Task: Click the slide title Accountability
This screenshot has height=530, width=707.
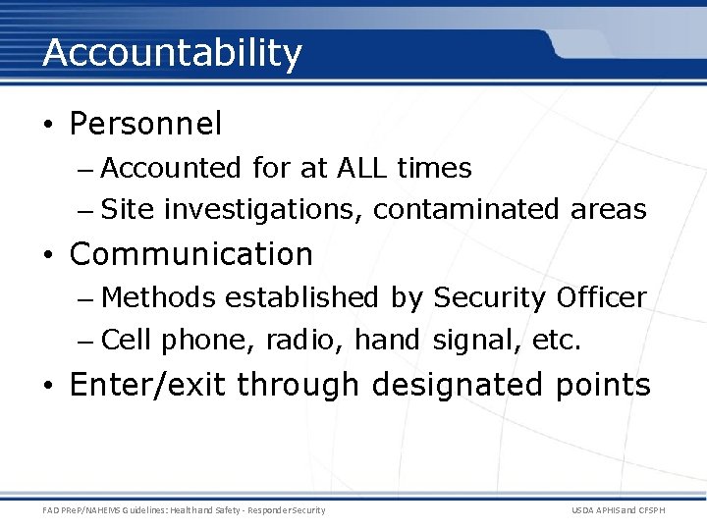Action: pos(172,53)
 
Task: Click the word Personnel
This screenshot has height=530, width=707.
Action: pos(146,125)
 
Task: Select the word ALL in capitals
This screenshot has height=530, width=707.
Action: pos(361,169)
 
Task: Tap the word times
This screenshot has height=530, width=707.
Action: pos(434,169)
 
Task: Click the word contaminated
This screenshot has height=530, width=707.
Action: pos(467,210)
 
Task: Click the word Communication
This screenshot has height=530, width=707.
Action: pos(191,254)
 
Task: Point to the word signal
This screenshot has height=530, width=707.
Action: pos(467,341)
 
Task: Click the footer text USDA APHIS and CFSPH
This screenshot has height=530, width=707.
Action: pos(618,510)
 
